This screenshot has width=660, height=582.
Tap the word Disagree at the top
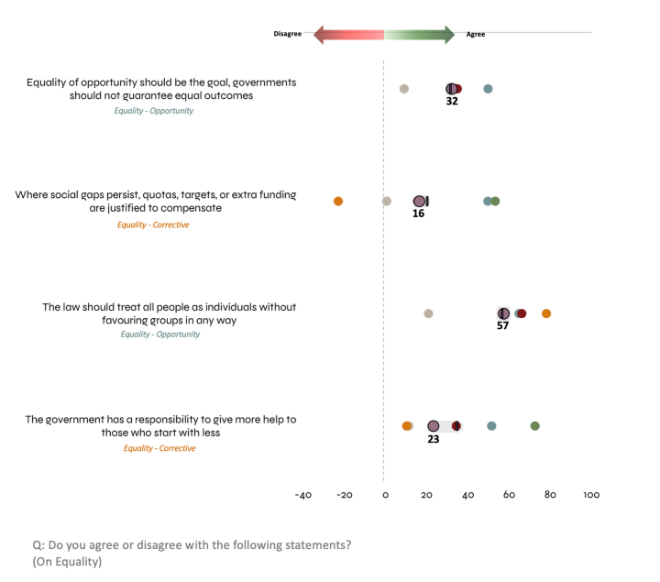pyautogui.click(x=288, y=34)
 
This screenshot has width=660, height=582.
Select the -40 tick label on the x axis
pyautogui.click(x=302, y=495)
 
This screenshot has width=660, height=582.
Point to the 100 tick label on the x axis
pyautogui.click(x=591, y=495)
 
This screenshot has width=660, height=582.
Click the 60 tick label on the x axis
pyautogui.click(x=509, y=495)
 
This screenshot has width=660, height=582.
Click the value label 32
pyautogui.click(x=452, y=102)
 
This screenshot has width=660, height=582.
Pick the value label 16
pyautogui.click(x=419, y=214)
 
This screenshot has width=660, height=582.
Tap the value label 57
pyautogui.click(x=502, y=325)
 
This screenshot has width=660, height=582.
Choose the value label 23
pyautogui.click(x=434, y=439)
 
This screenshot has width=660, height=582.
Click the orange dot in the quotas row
pyautogui.click(x=338, y=201)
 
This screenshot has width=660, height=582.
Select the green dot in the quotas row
pyautogui.click(x=495, y=201)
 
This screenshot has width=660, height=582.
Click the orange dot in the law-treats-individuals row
pyautogui.click(x=546, y=313)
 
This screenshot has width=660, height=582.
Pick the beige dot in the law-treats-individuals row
pyautogui.click(x=428, y=313)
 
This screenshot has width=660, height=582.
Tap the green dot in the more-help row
pyautogui.click(x=535, y=426)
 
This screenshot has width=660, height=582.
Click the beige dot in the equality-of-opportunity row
pyautogui.click(x=404, y=89)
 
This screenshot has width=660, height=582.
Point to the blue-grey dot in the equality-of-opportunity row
pyautogui.click(x=488, y=89)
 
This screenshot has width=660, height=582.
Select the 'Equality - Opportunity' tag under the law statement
pyautogui.click(x=160, y=335)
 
